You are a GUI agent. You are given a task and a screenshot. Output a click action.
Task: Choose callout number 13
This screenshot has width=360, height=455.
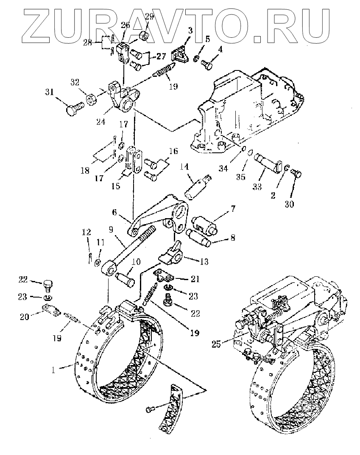[204, 262]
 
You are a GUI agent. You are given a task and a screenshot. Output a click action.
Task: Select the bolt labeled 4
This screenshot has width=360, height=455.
[207, 64]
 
